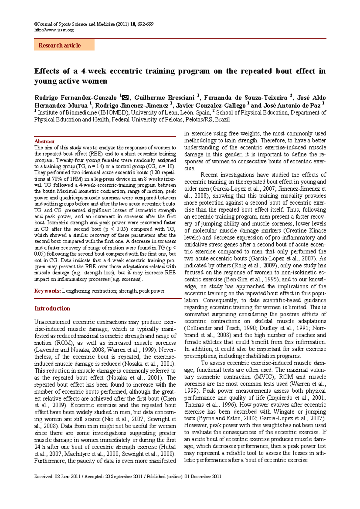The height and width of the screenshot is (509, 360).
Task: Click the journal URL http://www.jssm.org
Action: click(54, 30)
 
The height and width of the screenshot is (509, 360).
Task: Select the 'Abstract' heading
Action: click(44, 141)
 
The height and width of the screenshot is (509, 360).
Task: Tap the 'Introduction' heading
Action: click(52, 308)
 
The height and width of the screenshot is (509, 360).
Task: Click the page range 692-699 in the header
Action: click(145, 24)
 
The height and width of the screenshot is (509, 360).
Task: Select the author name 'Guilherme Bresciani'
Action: click(164, 98)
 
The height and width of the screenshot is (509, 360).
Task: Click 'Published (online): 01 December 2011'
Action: click(184, 477)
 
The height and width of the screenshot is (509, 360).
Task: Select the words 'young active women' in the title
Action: click(71, 81)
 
